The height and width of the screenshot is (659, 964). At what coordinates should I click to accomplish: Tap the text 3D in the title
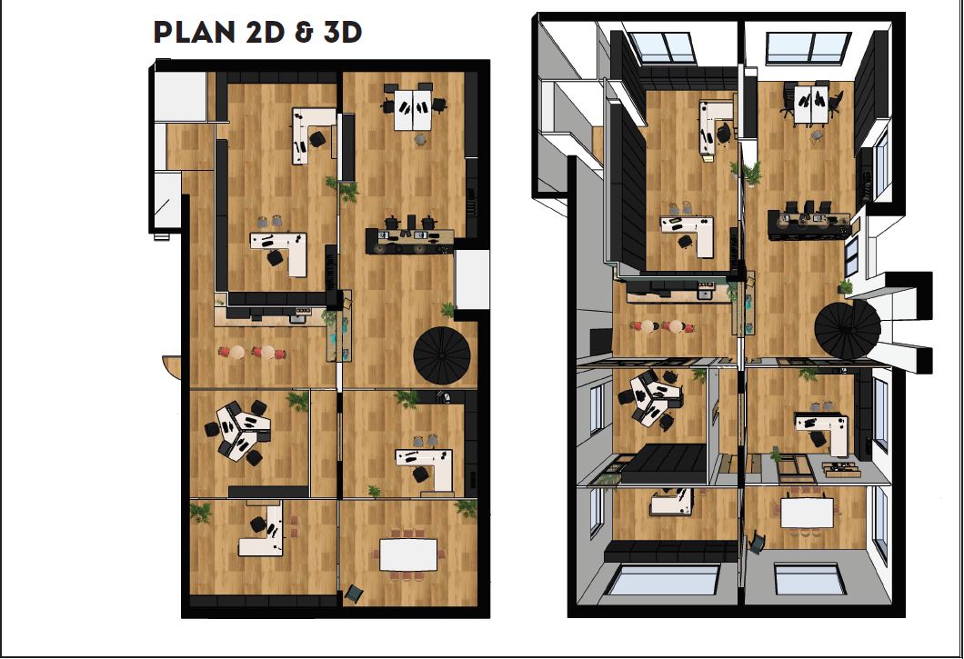point(343,33)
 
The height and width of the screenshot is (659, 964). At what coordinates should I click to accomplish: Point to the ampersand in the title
point(304,33)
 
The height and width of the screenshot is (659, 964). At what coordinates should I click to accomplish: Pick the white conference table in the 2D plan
point(409,554)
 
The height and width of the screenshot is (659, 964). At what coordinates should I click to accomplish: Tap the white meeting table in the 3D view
point(807,513)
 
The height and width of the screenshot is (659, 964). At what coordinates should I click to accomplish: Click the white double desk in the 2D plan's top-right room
point(413,109)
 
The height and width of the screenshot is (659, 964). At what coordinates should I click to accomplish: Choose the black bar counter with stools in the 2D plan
point(410,240)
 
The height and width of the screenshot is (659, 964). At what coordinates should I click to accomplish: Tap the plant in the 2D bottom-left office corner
point(200,512)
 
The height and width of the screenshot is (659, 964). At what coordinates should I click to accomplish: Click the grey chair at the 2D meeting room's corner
point(354,593)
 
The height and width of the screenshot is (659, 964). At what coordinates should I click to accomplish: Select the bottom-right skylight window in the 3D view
point(807,580)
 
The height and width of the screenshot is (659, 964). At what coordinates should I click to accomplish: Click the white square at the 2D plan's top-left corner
point(180,96)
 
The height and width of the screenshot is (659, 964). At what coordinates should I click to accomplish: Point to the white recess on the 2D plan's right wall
point(472,279)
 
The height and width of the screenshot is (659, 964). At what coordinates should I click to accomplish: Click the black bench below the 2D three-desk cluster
point(268,492)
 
